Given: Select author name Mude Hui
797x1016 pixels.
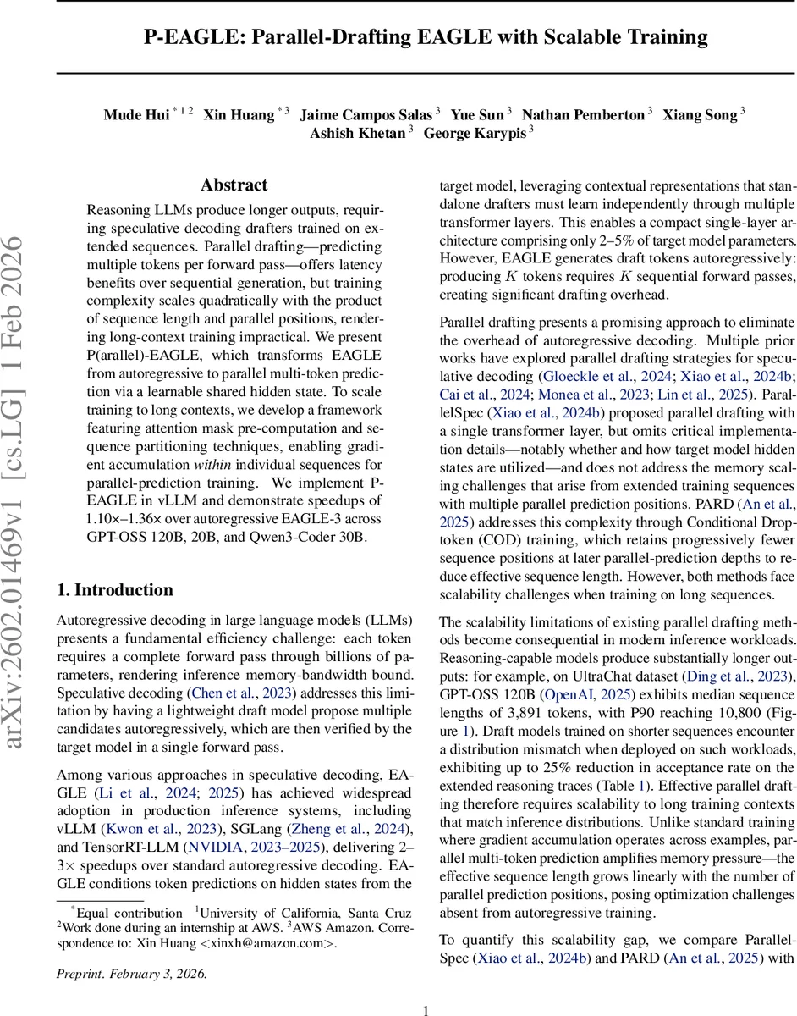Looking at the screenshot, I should tap(136, 114).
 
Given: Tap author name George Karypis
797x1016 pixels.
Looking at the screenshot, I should tap(475, 134).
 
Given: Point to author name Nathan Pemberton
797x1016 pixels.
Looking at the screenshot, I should tap(583, 114).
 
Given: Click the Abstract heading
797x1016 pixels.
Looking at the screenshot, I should tap(234, 185).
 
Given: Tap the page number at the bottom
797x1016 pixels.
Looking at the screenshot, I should tap(426, 986).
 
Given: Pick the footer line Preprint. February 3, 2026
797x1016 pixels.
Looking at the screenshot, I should tap(131, 949).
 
